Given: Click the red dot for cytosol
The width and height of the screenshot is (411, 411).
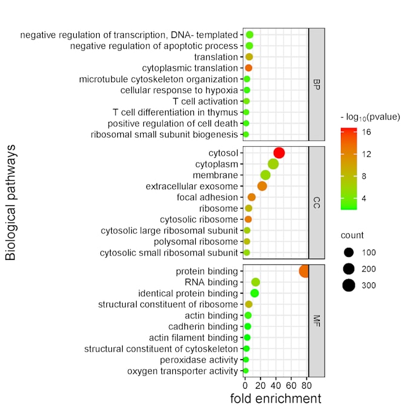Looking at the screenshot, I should [x=279, y=153].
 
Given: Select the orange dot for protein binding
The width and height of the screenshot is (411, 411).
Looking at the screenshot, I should [x=304, y=271].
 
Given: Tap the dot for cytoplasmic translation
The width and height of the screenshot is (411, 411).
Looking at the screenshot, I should [x=248, y=68].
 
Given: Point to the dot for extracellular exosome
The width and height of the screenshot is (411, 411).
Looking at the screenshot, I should [x=262, y=186].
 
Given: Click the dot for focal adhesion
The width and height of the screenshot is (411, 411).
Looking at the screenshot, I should [x=251, y=197].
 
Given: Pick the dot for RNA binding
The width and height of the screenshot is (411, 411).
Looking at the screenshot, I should [x=256, y=282].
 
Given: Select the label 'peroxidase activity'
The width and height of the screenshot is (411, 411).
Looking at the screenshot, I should [x=200, y=360].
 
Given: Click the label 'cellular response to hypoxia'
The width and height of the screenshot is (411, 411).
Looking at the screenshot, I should [x=179, y=91].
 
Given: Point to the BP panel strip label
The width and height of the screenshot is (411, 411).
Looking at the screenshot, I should [x=317, y=85].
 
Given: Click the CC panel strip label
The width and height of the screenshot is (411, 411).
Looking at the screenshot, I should [x=317, y=202].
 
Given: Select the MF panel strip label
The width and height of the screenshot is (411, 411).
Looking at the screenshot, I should [x=317, y=320].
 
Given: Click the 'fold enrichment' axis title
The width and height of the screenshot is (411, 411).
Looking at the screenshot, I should [x=276, y=399].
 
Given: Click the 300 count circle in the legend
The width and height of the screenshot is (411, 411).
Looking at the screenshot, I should [x=348, y=285].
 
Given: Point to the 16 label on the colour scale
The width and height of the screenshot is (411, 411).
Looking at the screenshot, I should [x=366, y=132].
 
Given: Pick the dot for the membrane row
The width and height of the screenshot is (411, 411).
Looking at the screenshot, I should [x=265, y=175].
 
